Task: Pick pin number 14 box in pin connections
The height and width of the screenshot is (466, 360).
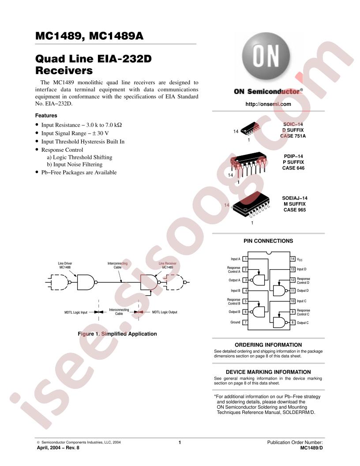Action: click(x=292, y=259)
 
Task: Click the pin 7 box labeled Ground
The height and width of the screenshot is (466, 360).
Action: click(x=245, y=323)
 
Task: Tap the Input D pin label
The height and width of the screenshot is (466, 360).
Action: click(x=301, y=269)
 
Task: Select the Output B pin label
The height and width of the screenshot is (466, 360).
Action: click(x=234, y=312)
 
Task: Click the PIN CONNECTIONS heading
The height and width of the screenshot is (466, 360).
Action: click(x=268, y=241)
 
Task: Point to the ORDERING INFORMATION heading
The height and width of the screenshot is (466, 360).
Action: click(x=268, y=345)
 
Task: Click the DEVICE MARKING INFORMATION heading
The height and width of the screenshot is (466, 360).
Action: click(x=268, y=372)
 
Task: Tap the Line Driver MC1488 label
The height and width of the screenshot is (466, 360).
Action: click(x=65, y=265)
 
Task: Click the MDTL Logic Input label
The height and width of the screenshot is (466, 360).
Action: click(x=76, y=312)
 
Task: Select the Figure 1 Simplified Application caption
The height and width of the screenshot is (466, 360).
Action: click(x=117, y=334)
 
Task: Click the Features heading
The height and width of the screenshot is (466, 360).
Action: click(x=46, y=116)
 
